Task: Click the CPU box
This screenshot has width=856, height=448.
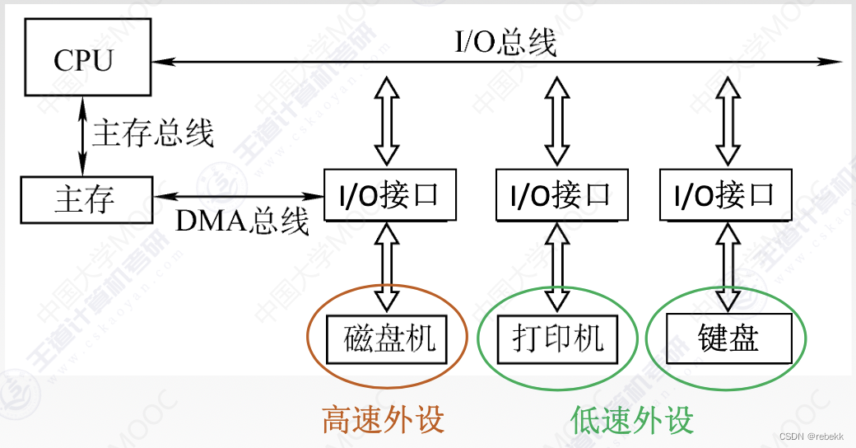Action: coord(84,60)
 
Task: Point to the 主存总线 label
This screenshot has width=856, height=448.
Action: coord(153,133)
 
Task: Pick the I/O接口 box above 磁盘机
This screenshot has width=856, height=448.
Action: coord(389,195)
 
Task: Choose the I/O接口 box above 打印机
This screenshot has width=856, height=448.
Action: coord(561,195)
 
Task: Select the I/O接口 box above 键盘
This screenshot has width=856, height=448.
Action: coord(724,195)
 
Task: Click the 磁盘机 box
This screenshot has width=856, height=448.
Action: coord(387,338)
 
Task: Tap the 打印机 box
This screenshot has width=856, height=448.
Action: coord(558,338)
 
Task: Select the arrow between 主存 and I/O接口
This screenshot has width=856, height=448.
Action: coord(239,196)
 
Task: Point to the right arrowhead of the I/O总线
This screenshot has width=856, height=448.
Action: coord(836,60)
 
